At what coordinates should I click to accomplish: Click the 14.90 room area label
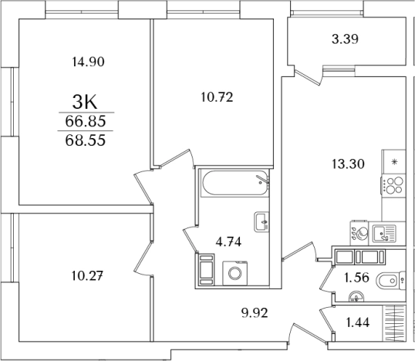pyautogui.click(x=89, y=62)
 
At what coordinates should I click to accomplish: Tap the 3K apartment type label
pyautogui.click(x=85, y=103)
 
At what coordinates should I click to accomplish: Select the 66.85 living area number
pyautogui.click(x=86, y=121)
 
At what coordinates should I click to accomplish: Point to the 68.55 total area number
pyautogui.click(x=86, y=140)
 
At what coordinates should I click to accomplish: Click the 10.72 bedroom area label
pyautogui.click(x=217, y=97)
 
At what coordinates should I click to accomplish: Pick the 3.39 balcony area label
pyautogui.click(x=345, y=39)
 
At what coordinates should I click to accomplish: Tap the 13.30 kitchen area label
pyautogui.click(x=348, y=164)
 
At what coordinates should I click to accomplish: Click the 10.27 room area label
pyautogui.click(x=87, y=276)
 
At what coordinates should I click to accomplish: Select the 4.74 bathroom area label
pyautogui.click(x=228, y=242)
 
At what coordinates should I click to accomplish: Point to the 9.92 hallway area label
pyautogui.click(x=255, y=313)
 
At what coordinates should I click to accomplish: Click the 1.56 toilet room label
pyautogui.click(x=356, y=278)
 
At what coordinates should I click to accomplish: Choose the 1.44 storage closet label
pyautogui.click(x=358, y=322)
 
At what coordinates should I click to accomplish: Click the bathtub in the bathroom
pyautogui.click(x=235, y=183)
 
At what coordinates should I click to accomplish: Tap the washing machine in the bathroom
pyautogui.click(x=235, y=273)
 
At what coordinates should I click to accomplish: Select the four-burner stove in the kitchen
pyautogui.click(x=393, y=185)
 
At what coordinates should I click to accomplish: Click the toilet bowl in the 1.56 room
pyautogui.click(x=389, y=281)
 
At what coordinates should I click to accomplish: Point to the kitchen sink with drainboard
pyautogui.click(x=384, y=234)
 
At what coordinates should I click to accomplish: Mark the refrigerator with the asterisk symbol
pyautogui.click(x=394, y=161)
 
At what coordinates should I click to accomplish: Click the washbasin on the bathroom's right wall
pyautogui.click(x=261, y=222)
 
